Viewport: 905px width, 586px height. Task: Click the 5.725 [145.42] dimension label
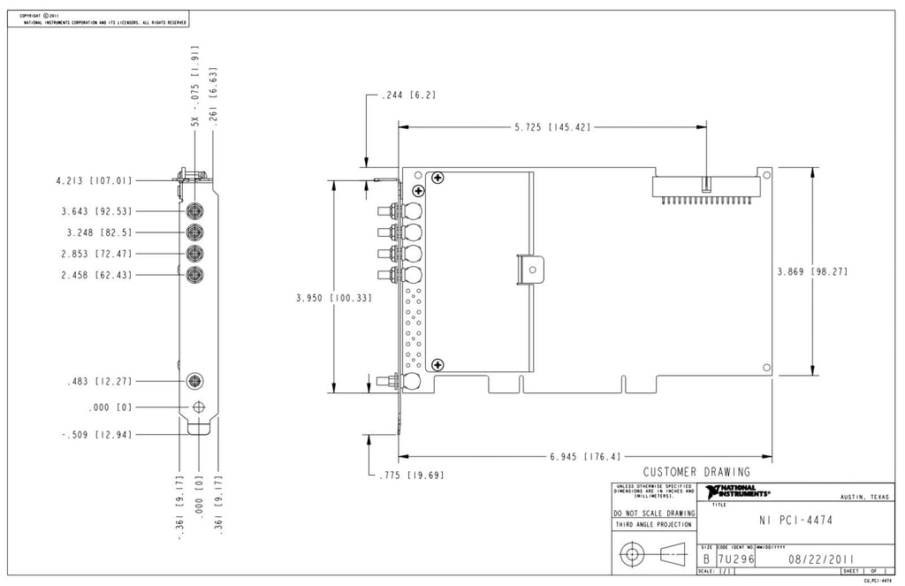point(552,127)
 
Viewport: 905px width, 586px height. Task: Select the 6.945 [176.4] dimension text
point(584,457)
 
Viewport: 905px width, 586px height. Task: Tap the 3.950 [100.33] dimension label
point(333,298)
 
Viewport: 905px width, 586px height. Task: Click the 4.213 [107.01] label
point(94,180)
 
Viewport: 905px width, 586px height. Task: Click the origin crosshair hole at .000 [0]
point(198,407)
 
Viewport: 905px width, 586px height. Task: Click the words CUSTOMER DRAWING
point(696,472)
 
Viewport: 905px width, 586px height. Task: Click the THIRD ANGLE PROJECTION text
point(654,525)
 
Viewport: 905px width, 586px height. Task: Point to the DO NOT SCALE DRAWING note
point(654,513)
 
